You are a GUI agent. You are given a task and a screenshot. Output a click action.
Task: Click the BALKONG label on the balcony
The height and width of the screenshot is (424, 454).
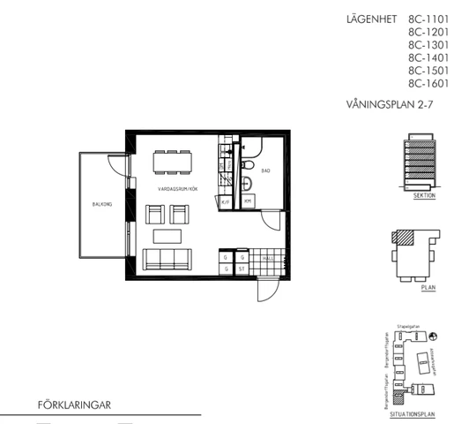[x=101, y=204]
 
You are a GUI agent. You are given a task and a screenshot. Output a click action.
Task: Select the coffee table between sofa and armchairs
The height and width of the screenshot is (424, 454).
[x=170, y=236]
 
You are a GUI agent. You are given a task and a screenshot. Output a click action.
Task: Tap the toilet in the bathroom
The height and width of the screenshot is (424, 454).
[x=249, y=168]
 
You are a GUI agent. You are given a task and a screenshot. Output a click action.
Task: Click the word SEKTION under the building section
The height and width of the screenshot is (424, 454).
[x=424, y=199]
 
